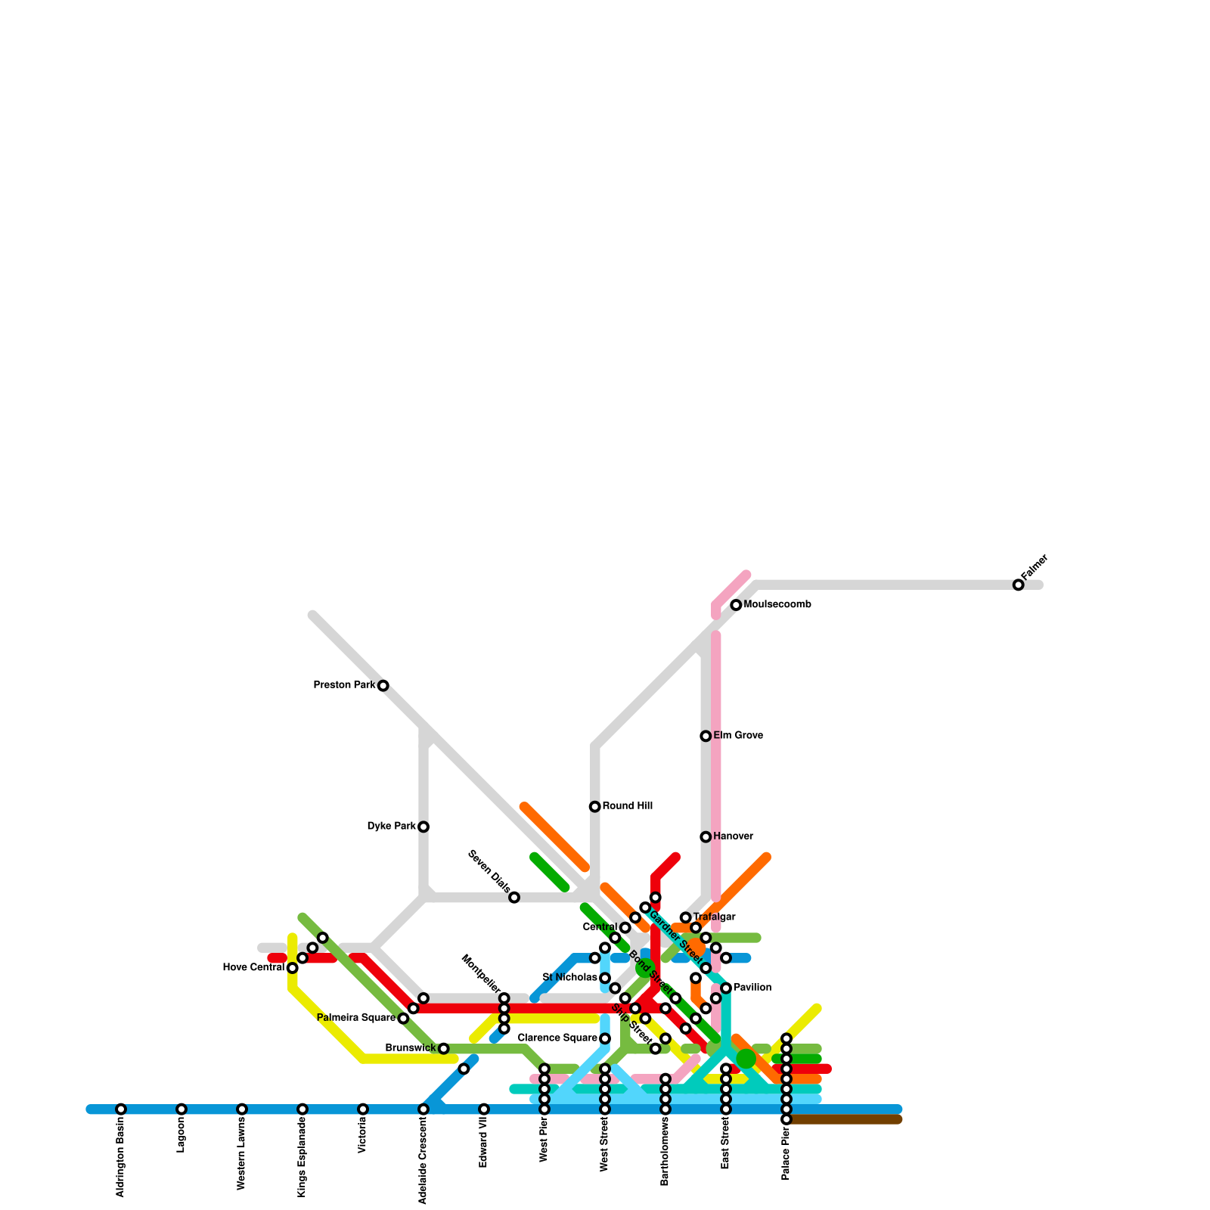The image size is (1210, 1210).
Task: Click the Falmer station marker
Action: tap(1018, 585)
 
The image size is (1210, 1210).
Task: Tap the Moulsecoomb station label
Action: tap(777, 605)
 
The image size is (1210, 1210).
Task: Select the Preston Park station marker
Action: tap(383, 686)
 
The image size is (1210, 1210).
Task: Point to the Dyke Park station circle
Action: tap(423, 827)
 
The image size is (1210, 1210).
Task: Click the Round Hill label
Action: tap(627, 806)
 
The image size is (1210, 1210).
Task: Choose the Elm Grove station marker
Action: tap(706, 736)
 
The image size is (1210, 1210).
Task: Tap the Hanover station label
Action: tap(732, 836)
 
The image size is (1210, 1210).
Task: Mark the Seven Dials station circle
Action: tap(514, 898)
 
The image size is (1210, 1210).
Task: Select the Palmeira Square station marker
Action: tap(403, 1019)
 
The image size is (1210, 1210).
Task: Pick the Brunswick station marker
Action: tap(444, 1049)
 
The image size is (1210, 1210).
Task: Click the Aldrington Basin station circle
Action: tap(121, 1109)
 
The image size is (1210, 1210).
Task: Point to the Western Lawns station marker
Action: tap(242, 1109)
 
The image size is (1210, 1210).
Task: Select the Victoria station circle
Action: tap(363, 1109)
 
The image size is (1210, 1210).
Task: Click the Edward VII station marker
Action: tap(484, 1109)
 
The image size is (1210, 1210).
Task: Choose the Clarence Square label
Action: tap(558, 1038)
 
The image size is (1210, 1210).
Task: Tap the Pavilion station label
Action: tap(752, 988)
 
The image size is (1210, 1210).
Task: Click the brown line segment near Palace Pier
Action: tap(847, 1119)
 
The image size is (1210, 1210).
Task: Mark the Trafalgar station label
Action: tap(714, 917)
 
